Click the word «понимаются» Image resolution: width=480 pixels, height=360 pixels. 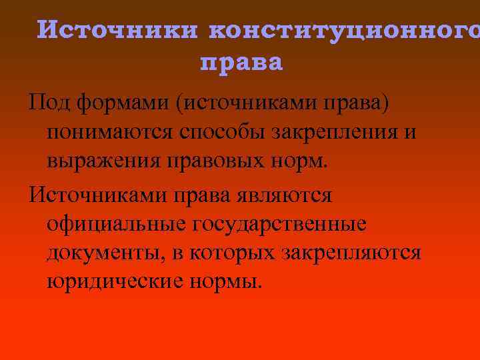109,132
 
